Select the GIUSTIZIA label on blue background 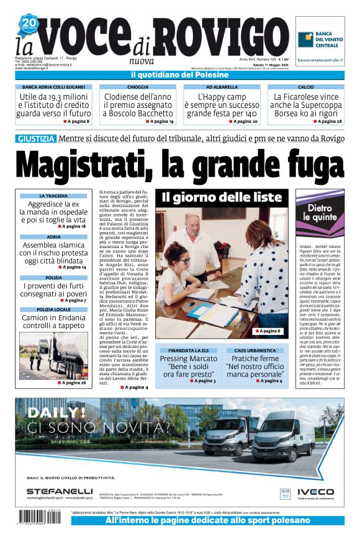[37, 138]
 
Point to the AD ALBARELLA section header [222, 87]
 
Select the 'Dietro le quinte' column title [320, 213]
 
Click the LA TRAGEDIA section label [53, 196]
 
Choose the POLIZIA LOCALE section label [53, 309]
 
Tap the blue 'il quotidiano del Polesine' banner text [179, 75]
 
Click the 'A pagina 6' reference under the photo [268, 332]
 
